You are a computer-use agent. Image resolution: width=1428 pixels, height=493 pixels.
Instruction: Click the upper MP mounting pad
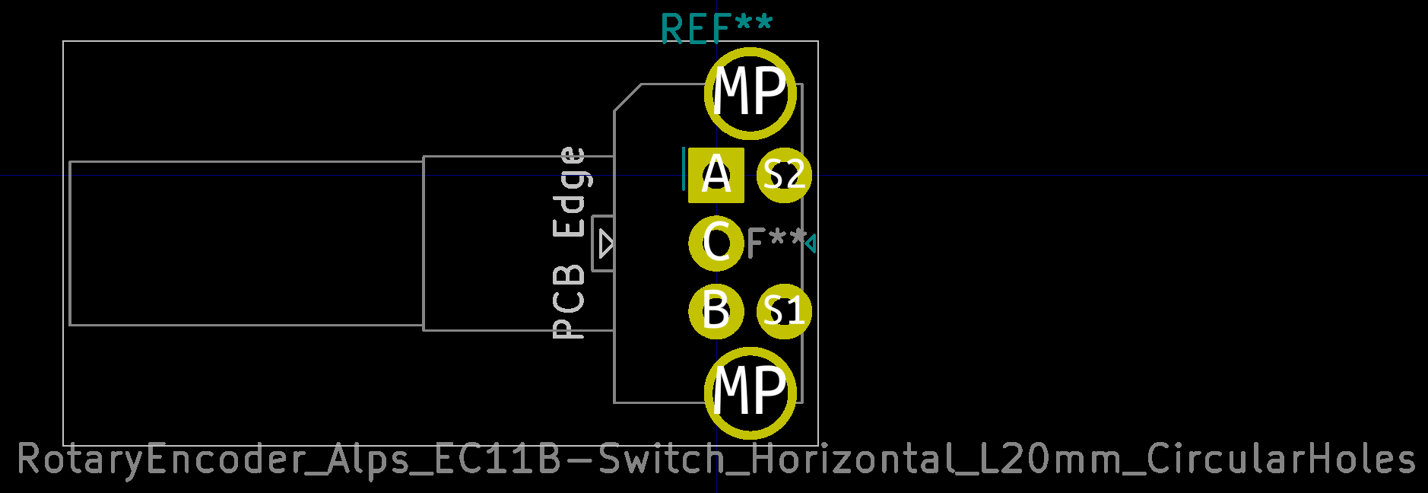750,94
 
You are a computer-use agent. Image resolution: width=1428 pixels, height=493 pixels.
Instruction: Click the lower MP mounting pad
750,393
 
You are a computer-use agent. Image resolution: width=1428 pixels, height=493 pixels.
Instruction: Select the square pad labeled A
716,176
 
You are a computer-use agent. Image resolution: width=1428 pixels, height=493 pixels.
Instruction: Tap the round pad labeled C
716,243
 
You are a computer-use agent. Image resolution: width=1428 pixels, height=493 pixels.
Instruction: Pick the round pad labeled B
716,310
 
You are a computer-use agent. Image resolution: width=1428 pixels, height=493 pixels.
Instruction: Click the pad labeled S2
784,176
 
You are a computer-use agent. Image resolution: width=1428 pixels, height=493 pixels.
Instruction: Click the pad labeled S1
784,310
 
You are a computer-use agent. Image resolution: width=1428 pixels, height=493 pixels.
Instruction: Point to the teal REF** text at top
716,29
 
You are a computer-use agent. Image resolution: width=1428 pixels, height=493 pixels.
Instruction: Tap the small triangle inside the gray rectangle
605,244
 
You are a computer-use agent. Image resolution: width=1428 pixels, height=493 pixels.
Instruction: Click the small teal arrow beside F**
811,244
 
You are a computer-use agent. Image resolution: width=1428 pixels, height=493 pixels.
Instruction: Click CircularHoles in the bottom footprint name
1280,460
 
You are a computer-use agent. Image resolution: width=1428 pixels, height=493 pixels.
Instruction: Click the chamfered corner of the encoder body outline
627,98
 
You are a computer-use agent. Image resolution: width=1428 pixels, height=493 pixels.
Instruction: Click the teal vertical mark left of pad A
684,169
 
